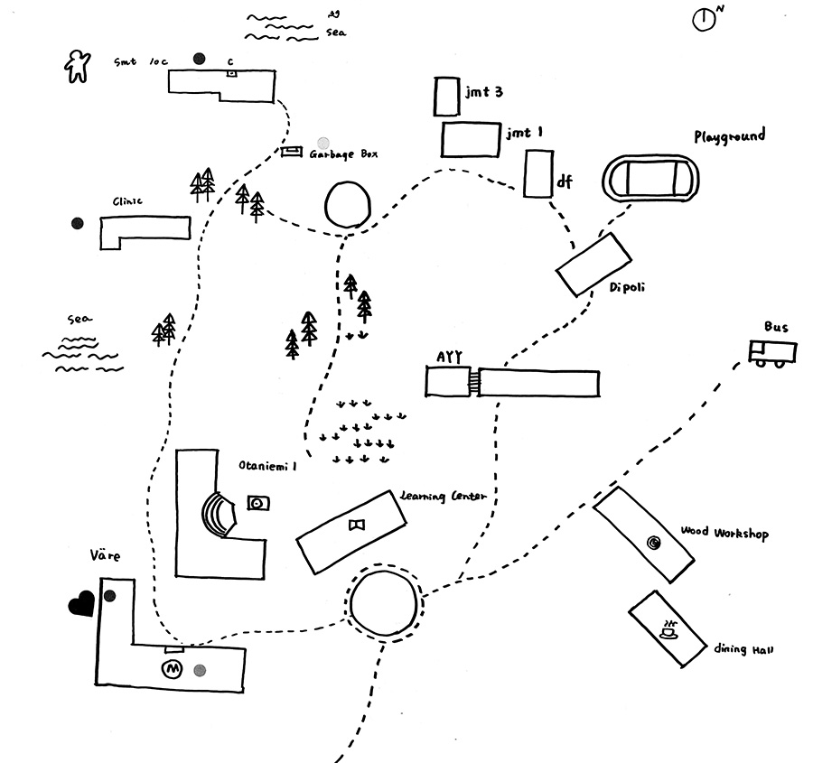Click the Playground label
(x=729, y=136)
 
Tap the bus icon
(x=772, y=352)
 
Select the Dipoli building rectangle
(x=593, y=264)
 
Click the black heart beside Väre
(x=81, y=603)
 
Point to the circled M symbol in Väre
(x=171, y=669)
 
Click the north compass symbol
(x=705, y=19)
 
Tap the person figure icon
(x=79, y=66)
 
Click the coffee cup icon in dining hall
(x=668, y=629)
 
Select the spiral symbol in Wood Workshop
(x=653, y=542)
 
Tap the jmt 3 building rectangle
(x=446, y=96)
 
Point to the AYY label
(x=449, y=357)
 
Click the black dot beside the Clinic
(x=78, y=223)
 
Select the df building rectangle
(x=538, y=173)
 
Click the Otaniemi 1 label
(x=267, y=466)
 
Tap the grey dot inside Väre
(x=200, y=670)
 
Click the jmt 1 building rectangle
(x=471, y=139)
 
